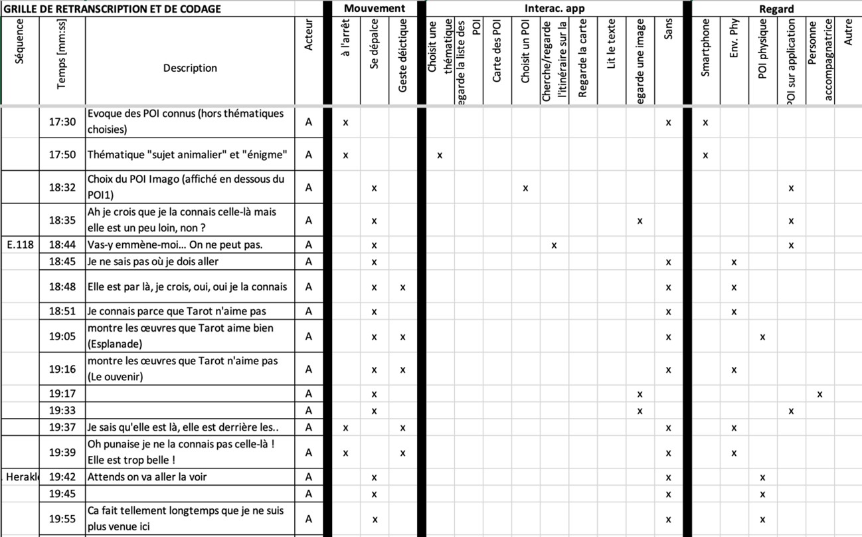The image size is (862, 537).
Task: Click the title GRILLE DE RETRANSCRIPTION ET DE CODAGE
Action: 113,9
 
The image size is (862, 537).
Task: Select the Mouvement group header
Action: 374,9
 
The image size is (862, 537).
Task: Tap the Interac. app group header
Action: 555,9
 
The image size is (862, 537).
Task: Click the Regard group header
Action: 776,9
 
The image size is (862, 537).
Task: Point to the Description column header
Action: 190,68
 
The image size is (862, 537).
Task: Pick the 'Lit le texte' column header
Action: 612,43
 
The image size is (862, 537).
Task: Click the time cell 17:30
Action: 62,122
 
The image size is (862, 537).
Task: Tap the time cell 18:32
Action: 62,188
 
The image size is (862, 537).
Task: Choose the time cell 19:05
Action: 62,336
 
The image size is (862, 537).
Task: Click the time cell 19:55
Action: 62,519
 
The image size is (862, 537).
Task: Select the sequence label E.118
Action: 20,245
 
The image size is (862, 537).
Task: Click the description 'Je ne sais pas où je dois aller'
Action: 153,262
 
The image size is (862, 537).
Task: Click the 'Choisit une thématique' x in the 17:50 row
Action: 440,156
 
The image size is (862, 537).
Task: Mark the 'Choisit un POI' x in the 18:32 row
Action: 525,188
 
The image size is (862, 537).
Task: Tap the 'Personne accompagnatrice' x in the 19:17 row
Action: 819,394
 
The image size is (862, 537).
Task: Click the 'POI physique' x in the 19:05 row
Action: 762,337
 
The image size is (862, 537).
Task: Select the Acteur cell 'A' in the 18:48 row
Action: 309,287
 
